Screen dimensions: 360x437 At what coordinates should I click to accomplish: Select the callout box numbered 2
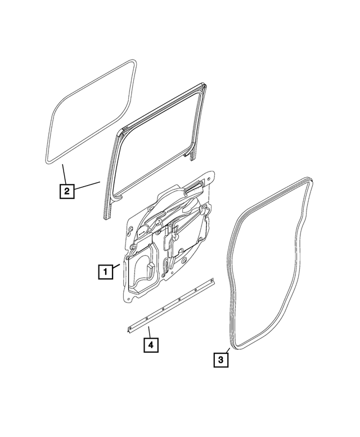(x=66, y=191)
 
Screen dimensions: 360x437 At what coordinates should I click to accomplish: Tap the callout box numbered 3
(x=220, y=358)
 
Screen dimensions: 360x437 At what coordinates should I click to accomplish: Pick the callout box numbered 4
(x=150, y=344)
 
